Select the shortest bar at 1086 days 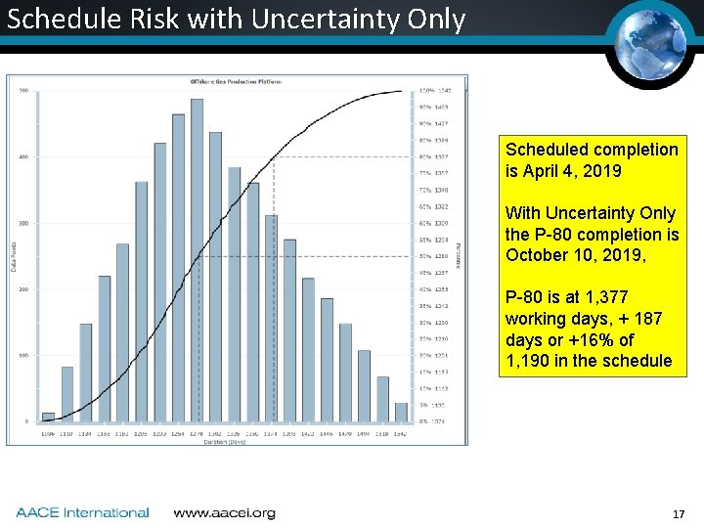tap(48, 417)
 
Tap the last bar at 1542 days tap(401, 412)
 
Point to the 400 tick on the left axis tap(22, 156)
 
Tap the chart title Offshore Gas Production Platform tap(235, 81)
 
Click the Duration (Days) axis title tap(224, 441)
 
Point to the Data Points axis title tap(14, 256)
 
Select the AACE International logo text tap(82, 512)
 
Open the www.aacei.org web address tap(224, 512)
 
